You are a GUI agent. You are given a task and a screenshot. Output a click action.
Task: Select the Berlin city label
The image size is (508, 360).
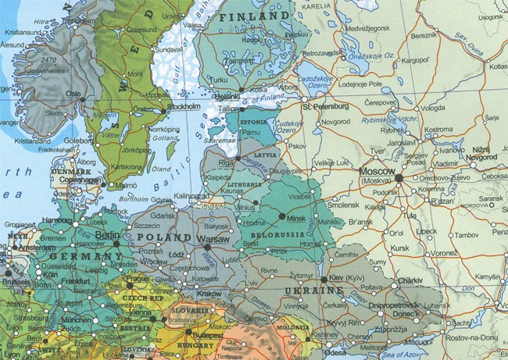[x=107, y=234]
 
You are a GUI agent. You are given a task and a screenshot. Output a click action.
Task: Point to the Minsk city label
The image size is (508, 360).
[x=296, y=221]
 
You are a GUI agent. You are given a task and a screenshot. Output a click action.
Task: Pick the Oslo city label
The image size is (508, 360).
[x=73, y=92]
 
